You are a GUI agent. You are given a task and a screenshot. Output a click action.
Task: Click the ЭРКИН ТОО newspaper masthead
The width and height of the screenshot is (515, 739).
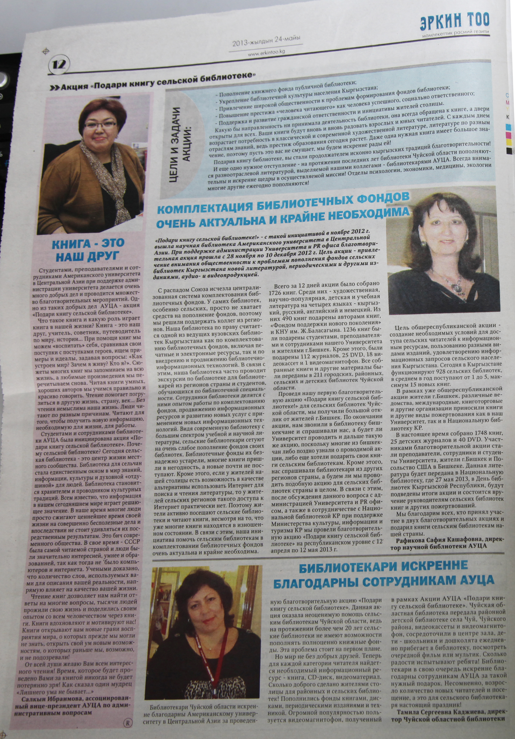tap(454, 21)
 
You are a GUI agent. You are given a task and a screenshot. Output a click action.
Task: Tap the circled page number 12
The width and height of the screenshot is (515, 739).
tap(60, 65)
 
